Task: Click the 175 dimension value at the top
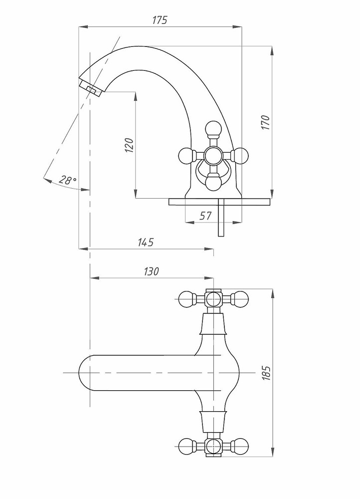(x=160, y=20)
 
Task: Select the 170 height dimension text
(x=266, y=122)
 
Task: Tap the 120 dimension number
(x=129, y=145)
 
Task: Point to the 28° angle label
(x=67, y=181)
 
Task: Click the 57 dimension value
(x=206, y=216)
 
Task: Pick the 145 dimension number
(x=145, y=242)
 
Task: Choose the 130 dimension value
(x=151, y=271)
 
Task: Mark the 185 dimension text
(x=266, y=373)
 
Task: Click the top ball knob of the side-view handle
(x=213, y=128)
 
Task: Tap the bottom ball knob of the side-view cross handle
(x=213, y=183)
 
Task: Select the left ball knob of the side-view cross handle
(x=185, y=156)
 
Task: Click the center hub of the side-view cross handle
(x=213, y=156)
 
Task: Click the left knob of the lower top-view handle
(x=186, y=446)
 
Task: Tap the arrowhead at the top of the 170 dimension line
(x=272, y=51)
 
